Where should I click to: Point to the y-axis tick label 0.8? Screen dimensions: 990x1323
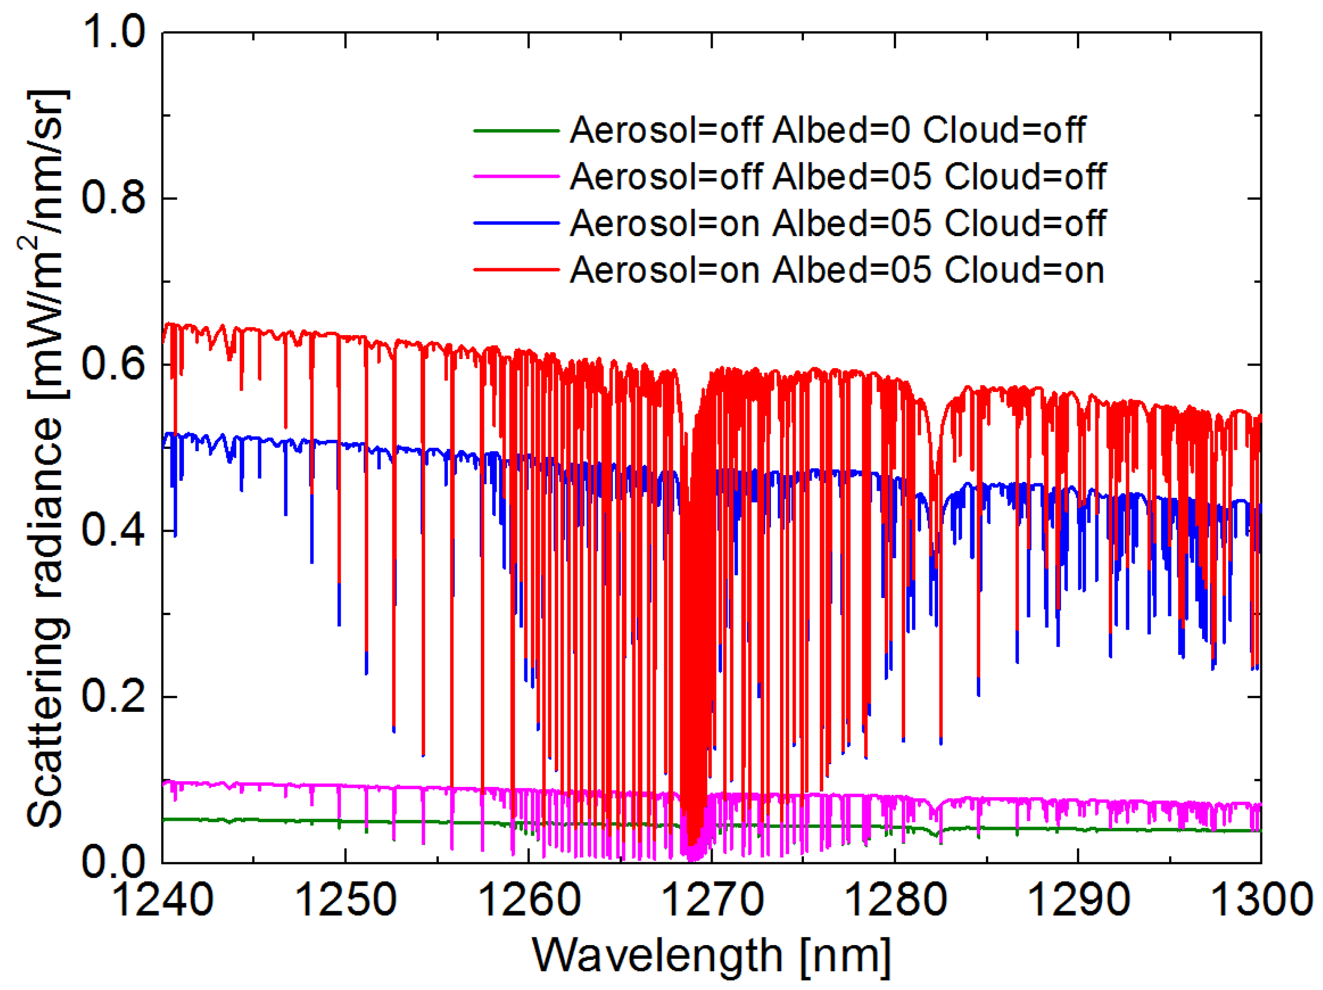coord(114,198)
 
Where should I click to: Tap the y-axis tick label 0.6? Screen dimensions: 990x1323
coord(114,364)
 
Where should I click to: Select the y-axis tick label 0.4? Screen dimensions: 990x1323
coord(114,531)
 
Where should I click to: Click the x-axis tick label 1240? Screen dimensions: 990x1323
coord(162,900)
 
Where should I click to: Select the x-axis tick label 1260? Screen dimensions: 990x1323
coord(529,900)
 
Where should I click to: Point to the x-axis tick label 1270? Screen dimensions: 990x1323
coord(712,900)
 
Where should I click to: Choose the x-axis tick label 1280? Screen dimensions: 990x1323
coord(895,900)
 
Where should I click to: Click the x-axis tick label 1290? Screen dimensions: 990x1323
coord(1078,900)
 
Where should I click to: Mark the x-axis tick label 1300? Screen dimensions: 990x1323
coord(1261,900)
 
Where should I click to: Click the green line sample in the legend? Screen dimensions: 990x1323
coord(517,131)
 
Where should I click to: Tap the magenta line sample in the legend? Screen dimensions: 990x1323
coord(517,176)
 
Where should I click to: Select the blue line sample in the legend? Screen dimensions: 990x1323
coord(517,223)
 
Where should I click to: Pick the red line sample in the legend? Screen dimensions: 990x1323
coord(517,270)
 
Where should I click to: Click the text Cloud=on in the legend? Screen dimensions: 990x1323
coord(1024,271)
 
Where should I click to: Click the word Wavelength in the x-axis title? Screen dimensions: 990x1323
coord(657,956)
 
